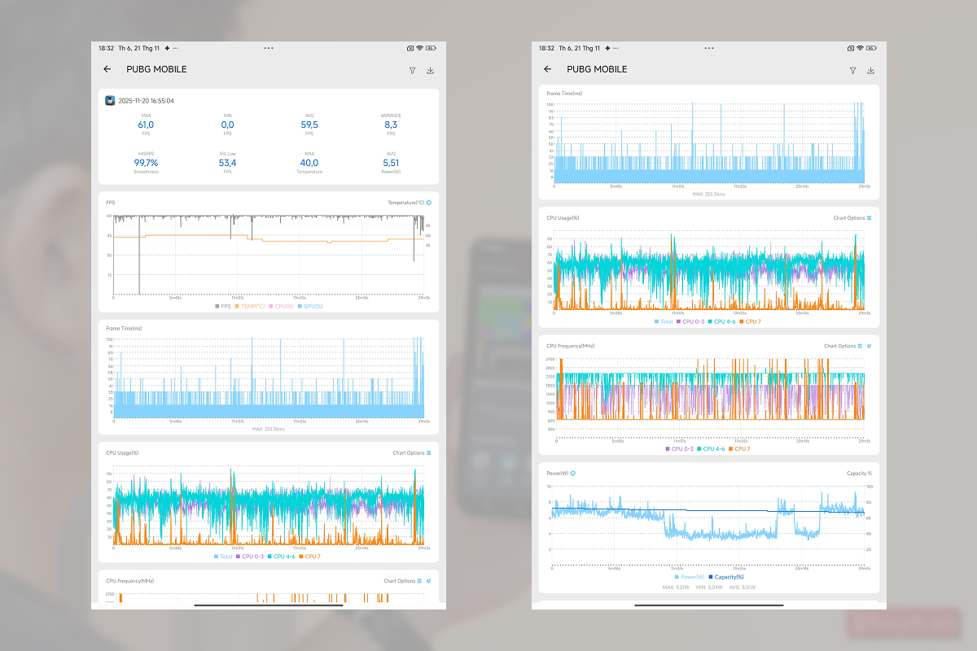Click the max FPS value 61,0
click(146, 125)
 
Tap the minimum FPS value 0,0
click(227, 125)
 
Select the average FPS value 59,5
click(309, 125)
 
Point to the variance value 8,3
click(391, 125)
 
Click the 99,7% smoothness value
click(146, 163)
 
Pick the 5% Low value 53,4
click(227, 163)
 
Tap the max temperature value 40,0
click(309, 163)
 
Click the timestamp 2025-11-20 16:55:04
click(146, 101)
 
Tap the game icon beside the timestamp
click(110, 101)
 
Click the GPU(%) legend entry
click(310, 306)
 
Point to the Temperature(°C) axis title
click(405, 202)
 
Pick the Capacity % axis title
click(859, 473)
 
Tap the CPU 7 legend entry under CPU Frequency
click(739, 448)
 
